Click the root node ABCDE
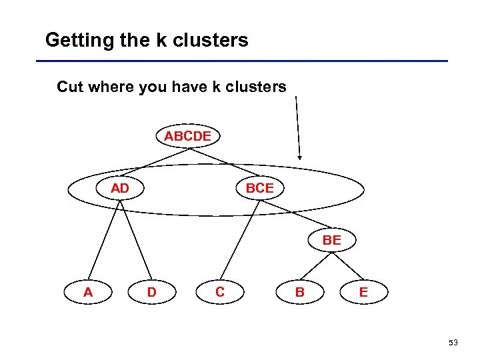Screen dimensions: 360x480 pyautogui.click(x=188, y=136)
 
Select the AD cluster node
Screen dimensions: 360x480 pyautogui.click(x=120, y=189)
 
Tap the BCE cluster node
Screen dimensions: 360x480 pyautogui.click(x=259, y=189)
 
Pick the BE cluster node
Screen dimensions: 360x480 pyautogui.click(x=331, y=240)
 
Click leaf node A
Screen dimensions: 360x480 pyautogui.click(x=88, y=292)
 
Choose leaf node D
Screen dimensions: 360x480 pyautogui.click(x=152, y=292)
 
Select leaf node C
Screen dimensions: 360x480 pyautogui.click(x=220, y=292)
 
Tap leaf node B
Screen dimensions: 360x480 pyautogui.click(x=300, y=292)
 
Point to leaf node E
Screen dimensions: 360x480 pyautogui.click(x=363, y=292)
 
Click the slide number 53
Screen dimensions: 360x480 pyautogui.click(x=453, y=343)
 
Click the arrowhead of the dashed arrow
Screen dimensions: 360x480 pyautogui.click(x=300, y=157)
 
